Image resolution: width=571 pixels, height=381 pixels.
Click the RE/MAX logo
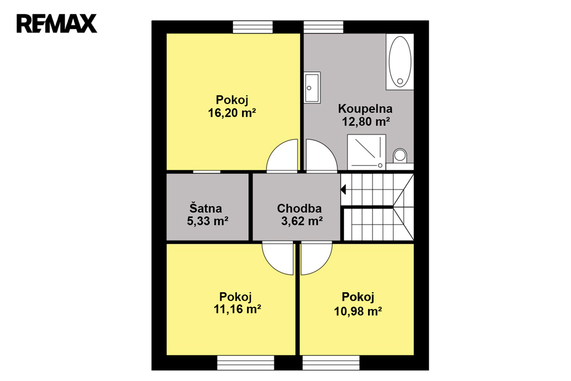pyautogui.click(x=57, y=23)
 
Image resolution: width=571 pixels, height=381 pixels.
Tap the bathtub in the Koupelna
pyautogui.click(x=400, y=61)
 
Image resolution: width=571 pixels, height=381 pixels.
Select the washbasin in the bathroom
pyautogui.click(x=312, y=88)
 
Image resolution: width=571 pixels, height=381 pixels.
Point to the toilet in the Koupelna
pyautogui.click(x=400, y=156)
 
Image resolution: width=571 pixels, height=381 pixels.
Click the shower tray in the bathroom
pyautogui.click(x=366, y=152)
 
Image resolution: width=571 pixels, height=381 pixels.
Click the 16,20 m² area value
pyautogui.click(x=232, y=113)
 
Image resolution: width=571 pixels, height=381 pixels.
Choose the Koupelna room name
pyautogui.click(x=365, y=109)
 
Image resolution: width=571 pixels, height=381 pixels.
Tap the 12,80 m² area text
pyautogui.click(x=366, y=122)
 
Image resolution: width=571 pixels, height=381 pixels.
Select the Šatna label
pyautogui.click(x=205, y=208)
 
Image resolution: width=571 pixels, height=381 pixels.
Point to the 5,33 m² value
pyautogui.click(x=207, y=221)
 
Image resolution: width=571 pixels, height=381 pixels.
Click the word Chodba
pyautogui.click(x=299, y=208)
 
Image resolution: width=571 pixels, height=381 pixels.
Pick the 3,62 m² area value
pyautogui.click(x=302, y=221)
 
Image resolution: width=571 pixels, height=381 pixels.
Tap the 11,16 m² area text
pyautogui.click(x=237, y=309)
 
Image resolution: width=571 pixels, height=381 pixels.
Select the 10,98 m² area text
pyautogui.click(x=358, y=311)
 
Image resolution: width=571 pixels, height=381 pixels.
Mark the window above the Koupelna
pyautogui.click(x=324, y=27)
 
